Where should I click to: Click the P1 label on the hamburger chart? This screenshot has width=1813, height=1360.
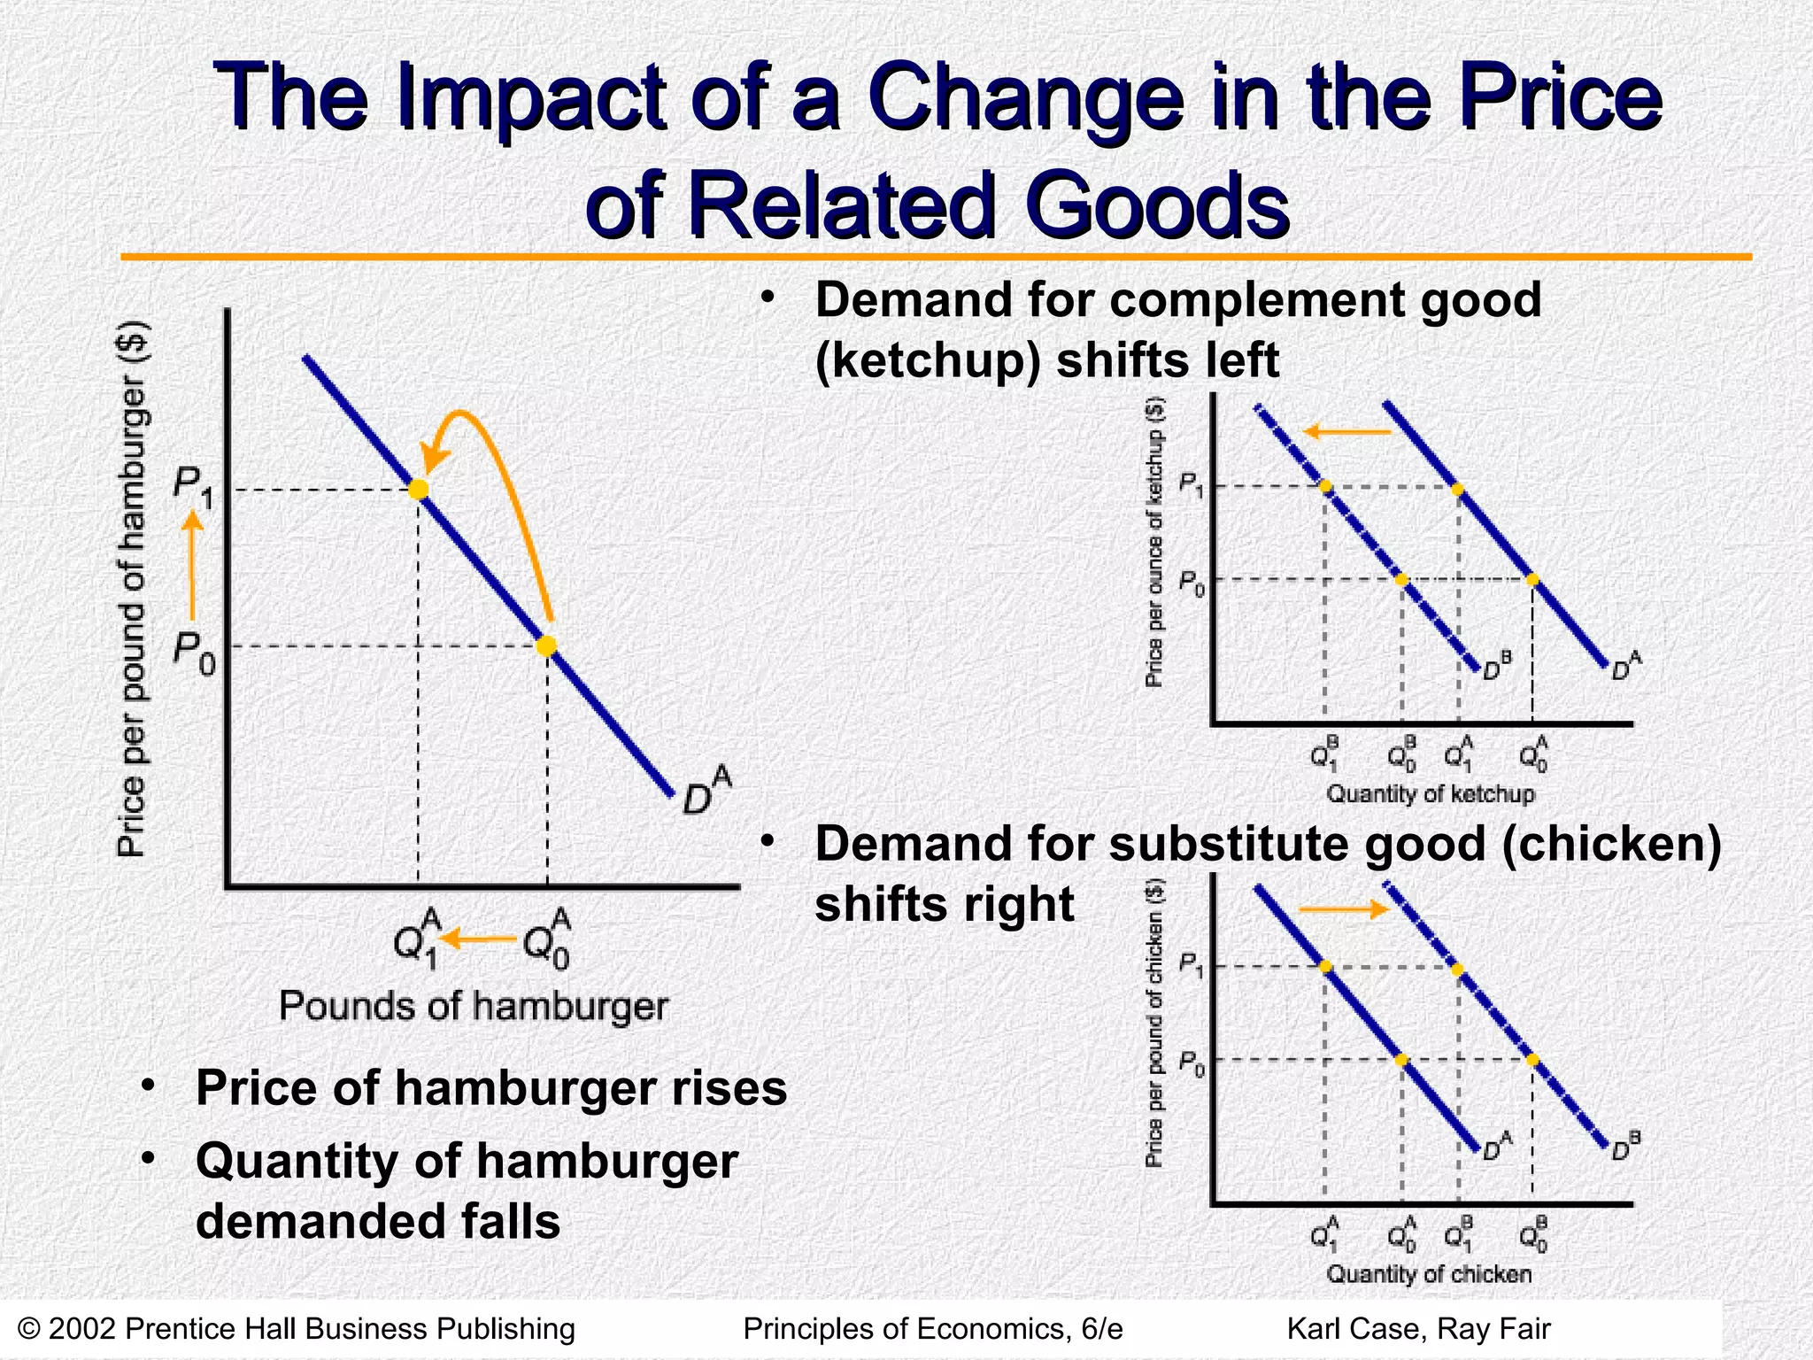[x=193, y=488]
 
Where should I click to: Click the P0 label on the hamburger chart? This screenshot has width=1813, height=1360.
[x=194, y=653]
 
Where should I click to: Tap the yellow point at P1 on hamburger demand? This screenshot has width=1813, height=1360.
[x=418, y=490]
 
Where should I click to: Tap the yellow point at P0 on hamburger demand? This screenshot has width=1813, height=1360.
[x=547, y=646]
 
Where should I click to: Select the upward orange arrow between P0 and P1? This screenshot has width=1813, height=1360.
[x=192, y=567]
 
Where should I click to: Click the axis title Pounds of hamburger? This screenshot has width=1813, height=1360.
[x=474, y=1007]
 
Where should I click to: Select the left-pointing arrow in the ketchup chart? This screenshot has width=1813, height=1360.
[x=1346, y=432]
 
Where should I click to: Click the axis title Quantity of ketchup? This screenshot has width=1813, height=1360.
[x=1430, y=793]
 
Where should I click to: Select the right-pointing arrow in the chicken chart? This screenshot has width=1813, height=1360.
[x=1342, y=909]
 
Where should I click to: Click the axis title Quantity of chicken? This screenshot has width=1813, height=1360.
[x=1429, y=1274]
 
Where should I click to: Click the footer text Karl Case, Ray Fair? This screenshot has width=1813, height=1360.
[x=1418, y=1329]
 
